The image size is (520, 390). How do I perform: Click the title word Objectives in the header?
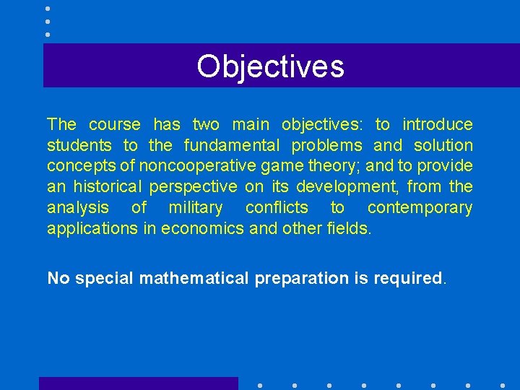tap(270, 66)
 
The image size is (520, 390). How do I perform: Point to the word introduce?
tap(437, 124)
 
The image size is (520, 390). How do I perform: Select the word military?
tap(195, 208)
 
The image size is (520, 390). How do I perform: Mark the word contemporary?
tap(420, 208)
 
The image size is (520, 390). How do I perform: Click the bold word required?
tap(407, 278)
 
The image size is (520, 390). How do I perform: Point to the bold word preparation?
tap(300, 278)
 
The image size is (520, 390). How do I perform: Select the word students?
tap(79, 145)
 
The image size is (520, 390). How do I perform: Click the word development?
tap(355, 187)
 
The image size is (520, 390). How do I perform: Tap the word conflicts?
tap(277, 208)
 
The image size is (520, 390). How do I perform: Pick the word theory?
tap(338, 166)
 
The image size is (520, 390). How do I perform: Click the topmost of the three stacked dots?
tap(48, 9)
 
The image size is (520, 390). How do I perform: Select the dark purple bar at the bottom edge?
tap(138, 383)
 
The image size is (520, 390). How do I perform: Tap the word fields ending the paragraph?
tap(349, 229)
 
